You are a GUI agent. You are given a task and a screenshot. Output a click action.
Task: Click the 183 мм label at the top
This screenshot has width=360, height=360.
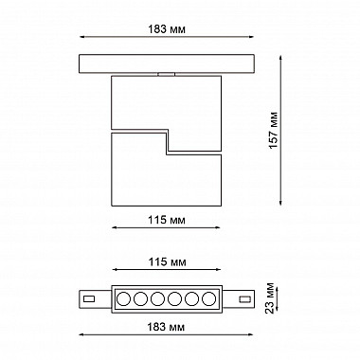coord(167,29)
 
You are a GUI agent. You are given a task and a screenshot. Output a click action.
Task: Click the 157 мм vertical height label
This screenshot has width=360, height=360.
coord(273,130)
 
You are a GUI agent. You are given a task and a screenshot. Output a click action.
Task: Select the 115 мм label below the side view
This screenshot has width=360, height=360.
coord(167,220)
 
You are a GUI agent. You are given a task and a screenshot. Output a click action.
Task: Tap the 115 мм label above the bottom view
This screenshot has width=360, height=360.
coord(167,261)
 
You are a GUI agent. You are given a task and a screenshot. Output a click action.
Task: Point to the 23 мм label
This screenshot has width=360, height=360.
coord(270,298)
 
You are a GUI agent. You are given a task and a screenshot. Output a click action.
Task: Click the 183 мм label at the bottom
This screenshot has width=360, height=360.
coord(166,327)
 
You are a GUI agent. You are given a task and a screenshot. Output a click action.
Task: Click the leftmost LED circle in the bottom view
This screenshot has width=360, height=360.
coord(123,298)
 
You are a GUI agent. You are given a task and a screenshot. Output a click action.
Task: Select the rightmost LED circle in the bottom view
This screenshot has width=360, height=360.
coord(208,298)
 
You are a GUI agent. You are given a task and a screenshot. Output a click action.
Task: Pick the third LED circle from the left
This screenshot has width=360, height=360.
coord(157,298)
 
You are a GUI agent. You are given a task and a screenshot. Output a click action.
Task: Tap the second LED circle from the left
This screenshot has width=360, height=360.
coord(140,298)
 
